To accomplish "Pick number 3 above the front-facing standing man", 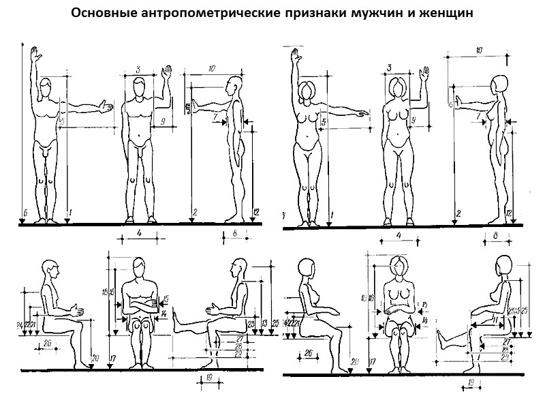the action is (x=138, y=70).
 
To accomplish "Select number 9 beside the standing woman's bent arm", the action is (x=414, y=120).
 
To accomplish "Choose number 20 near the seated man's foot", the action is (x=95, y=357).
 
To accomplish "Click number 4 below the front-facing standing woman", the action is (x=399, y=236).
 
